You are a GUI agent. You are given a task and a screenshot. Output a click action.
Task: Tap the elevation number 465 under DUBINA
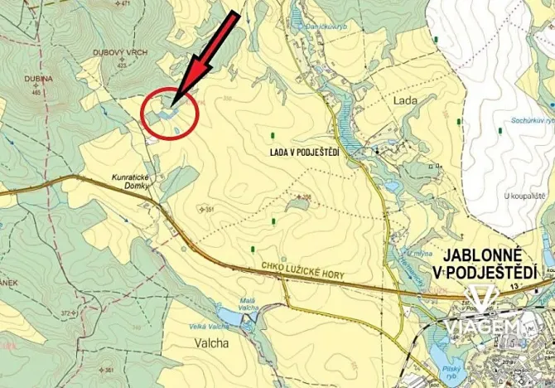tap(36, 92)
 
